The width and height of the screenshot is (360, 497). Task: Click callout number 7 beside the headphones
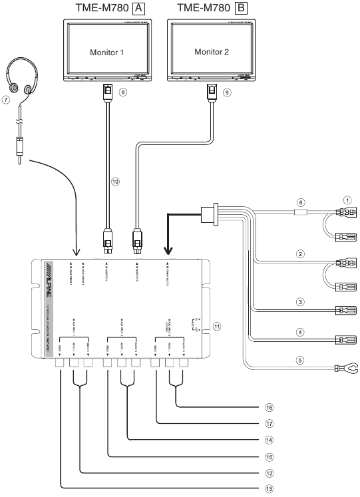point(6,100)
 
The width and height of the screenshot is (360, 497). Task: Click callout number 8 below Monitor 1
point(123,92)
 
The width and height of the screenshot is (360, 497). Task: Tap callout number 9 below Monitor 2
point(226,92)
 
